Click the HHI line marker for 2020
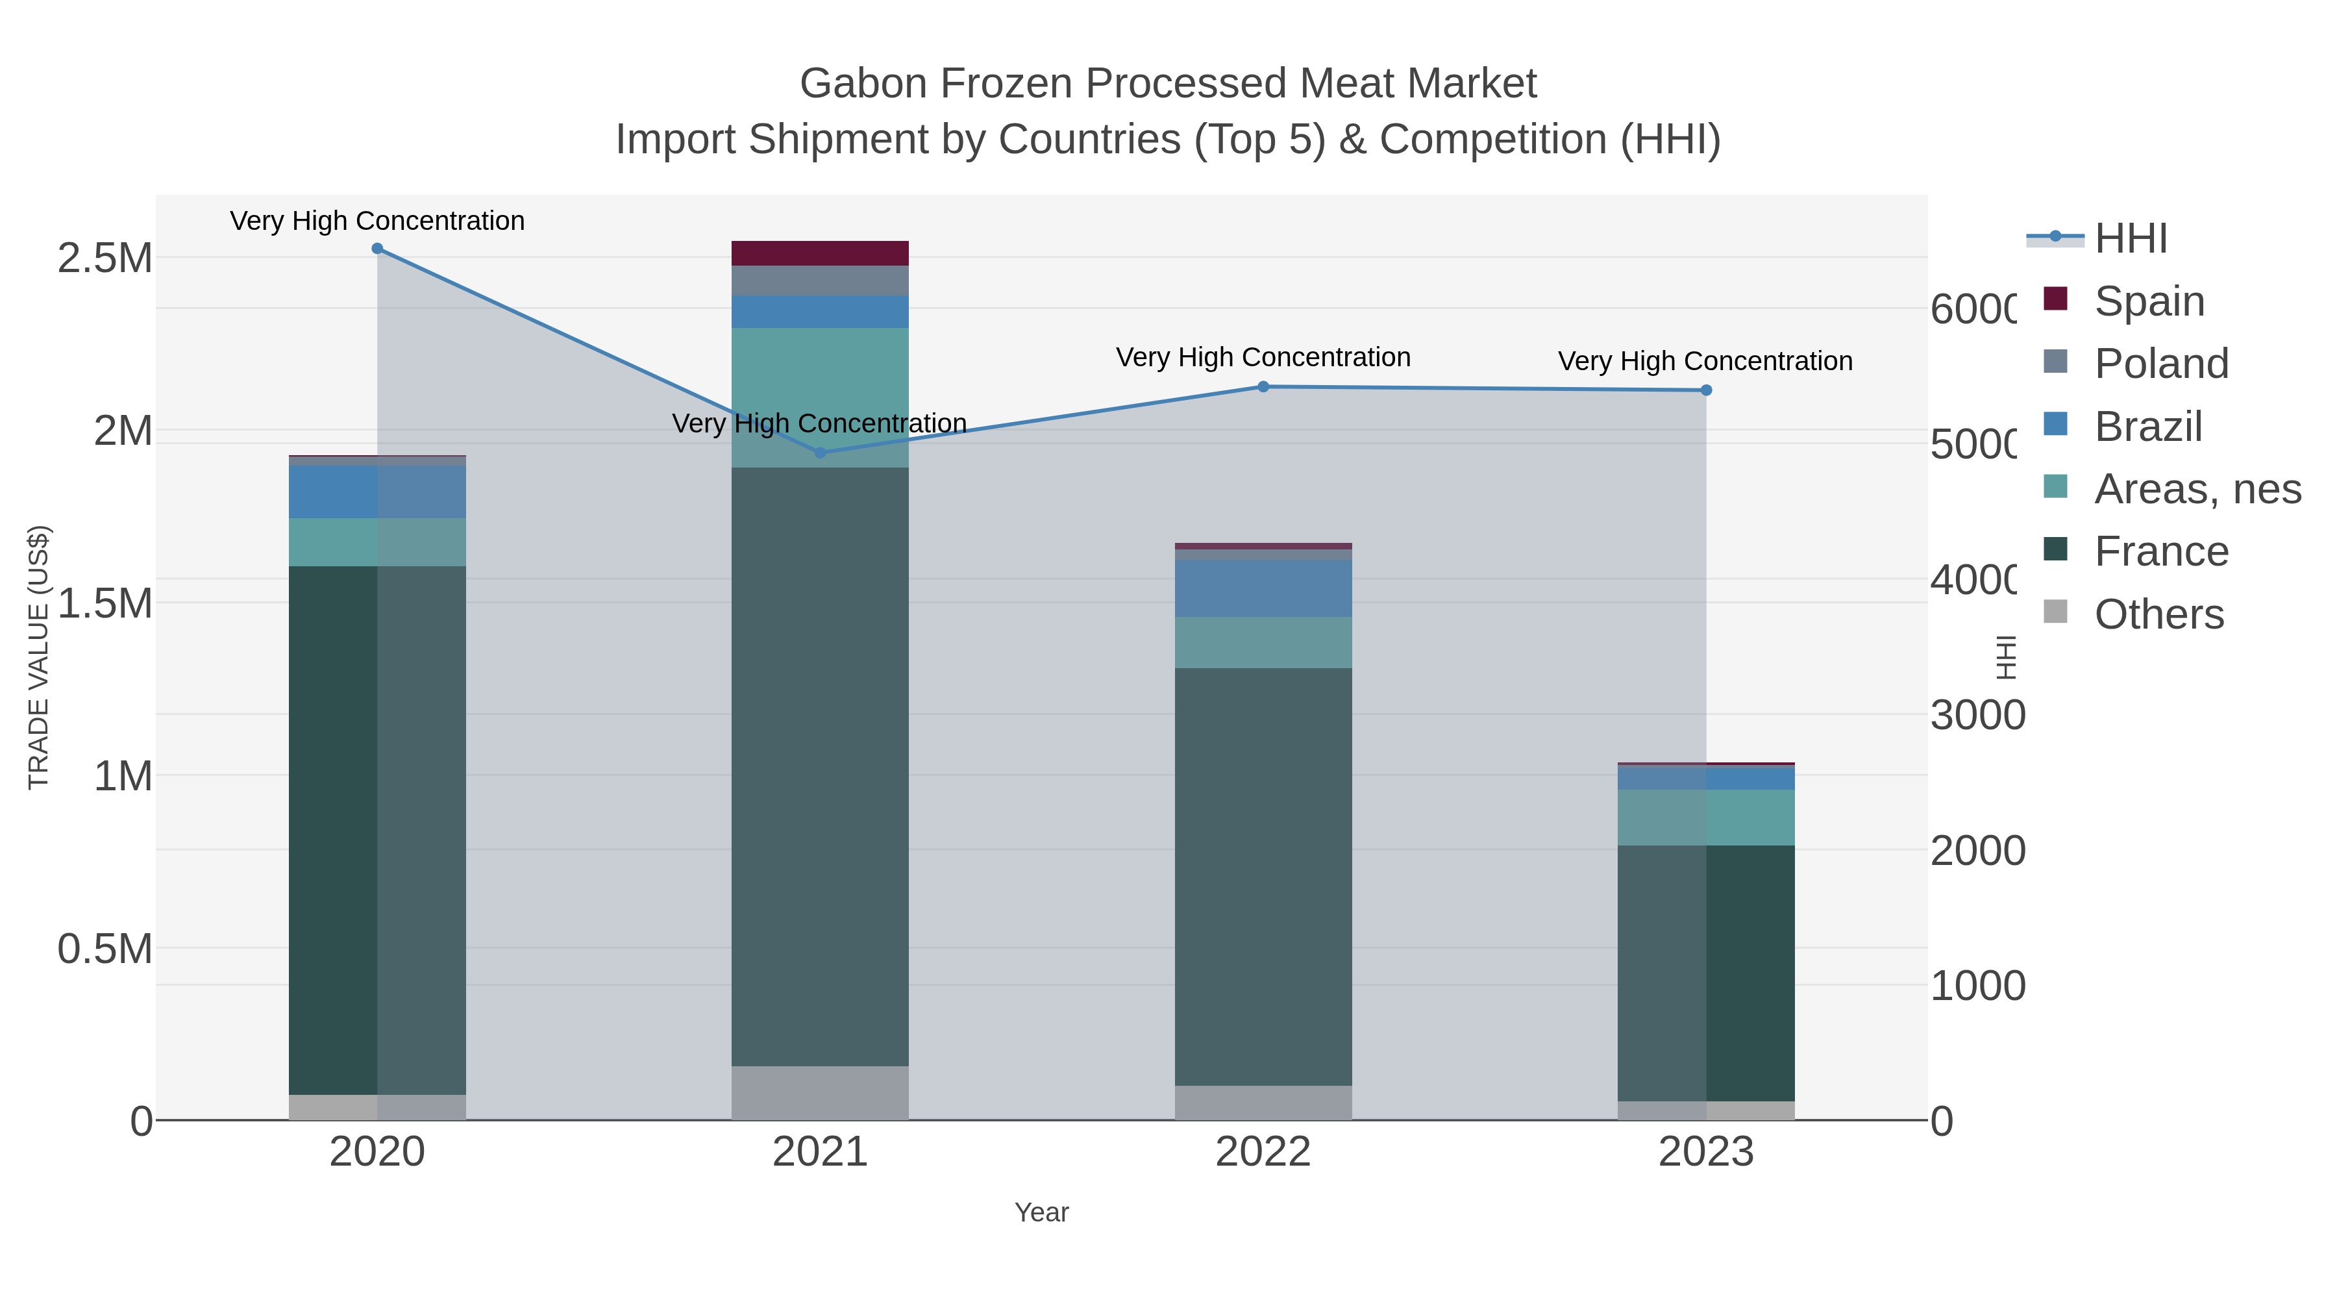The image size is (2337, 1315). (377, 249)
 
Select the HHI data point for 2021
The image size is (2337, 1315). (820, 453)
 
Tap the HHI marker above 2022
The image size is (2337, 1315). (1263, 386)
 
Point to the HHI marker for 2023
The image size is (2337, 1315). (1705, 390)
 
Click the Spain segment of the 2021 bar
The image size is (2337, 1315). (820, 253)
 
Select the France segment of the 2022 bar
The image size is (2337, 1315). (1263, 876)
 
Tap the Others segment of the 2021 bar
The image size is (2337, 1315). (820, 1093)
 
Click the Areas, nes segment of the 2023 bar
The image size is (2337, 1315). (1705, 817)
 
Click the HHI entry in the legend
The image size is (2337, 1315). (2130, 239)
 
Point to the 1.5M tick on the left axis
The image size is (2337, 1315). (105, 603)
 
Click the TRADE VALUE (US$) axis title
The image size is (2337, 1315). (38, 657)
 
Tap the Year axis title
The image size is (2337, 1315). (1041, 1212)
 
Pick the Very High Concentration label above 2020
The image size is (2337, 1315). (377, 221)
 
